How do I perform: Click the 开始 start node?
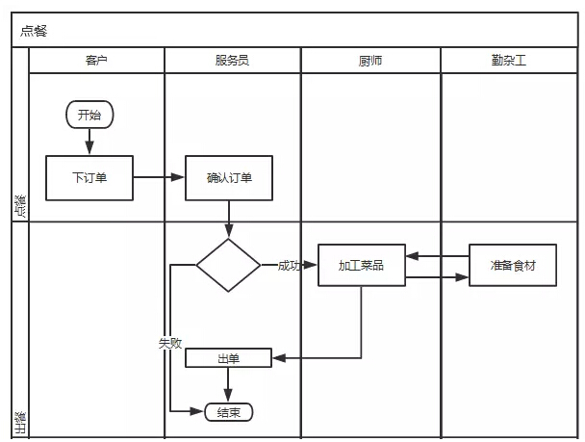coord(89,116)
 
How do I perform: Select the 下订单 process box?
coord(89,177)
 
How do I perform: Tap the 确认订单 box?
coord(229,177)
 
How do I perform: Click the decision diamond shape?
coord(228,265)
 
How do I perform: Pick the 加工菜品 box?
coord(361,265)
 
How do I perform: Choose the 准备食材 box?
coord(513,265)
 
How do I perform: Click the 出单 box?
coord(228,358)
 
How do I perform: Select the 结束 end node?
coord(228,412)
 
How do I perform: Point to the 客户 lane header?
coord(96,60)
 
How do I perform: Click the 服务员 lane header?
coord(232,60)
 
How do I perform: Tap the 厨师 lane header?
coord(370,60)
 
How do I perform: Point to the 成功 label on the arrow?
coord(289,266)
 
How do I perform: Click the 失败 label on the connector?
coord(170,342)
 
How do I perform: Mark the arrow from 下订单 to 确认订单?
coord(159,177)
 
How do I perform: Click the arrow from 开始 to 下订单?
coord(89,141)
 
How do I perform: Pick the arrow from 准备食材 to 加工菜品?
coord(437,256)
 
